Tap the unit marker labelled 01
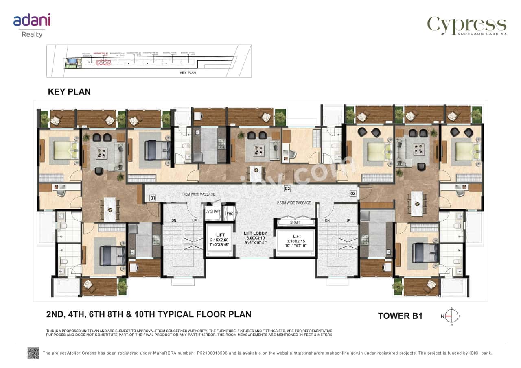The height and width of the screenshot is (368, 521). pos(153,198)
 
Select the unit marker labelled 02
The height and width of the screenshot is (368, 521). pos(287,189)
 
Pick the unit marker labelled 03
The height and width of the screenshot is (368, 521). pos(353,194)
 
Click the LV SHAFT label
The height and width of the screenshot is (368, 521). pos(213,212)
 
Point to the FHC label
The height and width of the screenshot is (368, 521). pos(230,213)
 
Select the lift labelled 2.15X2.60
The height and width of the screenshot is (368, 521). pos(220,240)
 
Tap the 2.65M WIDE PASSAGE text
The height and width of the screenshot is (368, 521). pos(294,203)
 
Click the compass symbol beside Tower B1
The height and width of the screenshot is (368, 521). pos(451,316)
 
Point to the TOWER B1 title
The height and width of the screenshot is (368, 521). pos(400,316)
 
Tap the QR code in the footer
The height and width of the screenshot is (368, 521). pos(33,353)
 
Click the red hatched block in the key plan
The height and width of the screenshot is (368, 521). pos(103,63)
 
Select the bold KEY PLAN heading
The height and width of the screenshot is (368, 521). pos(69,92)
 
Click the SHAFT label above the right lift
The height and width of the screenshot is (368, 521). pos(295,222)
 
